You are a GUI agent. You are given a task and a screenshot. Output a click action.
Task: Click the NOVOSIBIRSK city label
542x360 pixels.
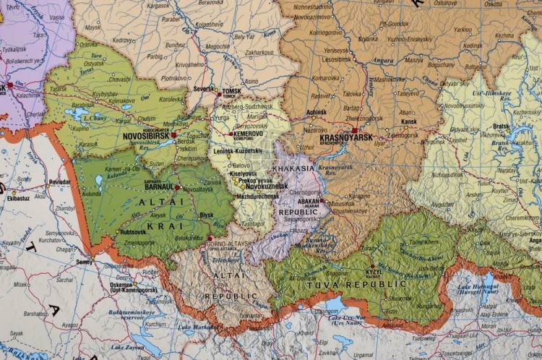(147, 135)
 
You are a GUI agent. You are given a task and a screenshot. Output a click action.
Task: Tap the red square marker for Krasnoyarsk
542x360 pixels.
(354, 131)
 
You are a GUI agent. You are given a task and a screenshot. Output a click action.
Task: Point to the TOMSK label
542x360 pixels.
(231, 90)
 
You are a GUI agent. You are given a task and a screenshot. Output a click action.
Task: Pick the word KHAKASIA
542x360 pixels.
(293, 168)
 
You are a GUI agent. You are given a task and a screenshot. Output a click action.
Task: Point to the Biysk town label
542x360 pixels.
(207, 215)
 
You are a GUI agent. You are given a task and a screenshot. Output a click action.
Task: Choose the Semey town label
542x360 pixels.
(85, 262)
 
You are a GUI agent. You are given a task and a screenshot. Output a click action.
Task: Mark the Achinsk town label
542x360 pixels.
(317, 113)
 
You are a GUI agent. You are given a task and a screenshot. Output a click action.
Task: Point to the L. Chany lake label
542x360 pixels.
(95, 118)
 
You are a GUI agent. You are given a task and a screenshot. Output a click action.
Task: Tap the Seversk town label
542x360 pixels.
(205, 89)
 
